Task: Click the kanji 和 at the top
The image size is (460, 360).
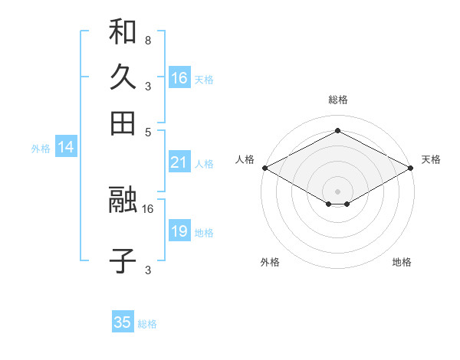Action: pos(123,32)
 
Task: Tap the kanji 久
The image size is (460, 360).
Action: pos(123,77)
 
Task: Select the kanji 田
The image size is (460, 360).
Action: pos(123,123)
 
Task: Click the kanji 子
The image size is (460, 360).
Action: pos(123,260)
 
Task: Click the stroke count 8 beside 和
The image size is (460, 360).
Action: pos(147,40)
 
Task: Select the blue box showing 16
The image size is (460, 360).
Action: pos(179,78)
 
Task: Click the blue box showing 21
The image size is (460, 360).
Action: pos(179,162)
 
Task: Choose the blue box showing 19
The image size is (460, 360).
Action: pos(179,231)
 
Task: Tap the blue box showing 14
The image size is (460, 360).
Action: pos(66,148)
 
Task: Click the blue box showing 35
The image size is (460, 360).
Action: pos(123,322)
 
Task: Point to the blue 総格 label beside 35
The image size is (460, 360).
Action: pos(147,324)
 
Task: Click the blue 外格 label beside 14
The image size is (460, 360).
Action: pos(41,149)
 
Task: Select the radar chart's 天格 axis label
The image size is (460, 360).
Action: pos(431,159)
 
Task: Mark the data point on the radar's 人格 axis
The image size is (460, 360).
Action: pos(264,168)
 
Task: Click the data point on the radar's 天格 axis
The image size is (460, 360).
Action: pos(411,168)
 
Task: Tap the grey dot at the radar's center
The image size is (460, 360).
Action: pos(338,191)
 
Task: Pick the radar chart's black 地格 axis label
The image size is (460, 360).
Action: pos(402,262)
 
